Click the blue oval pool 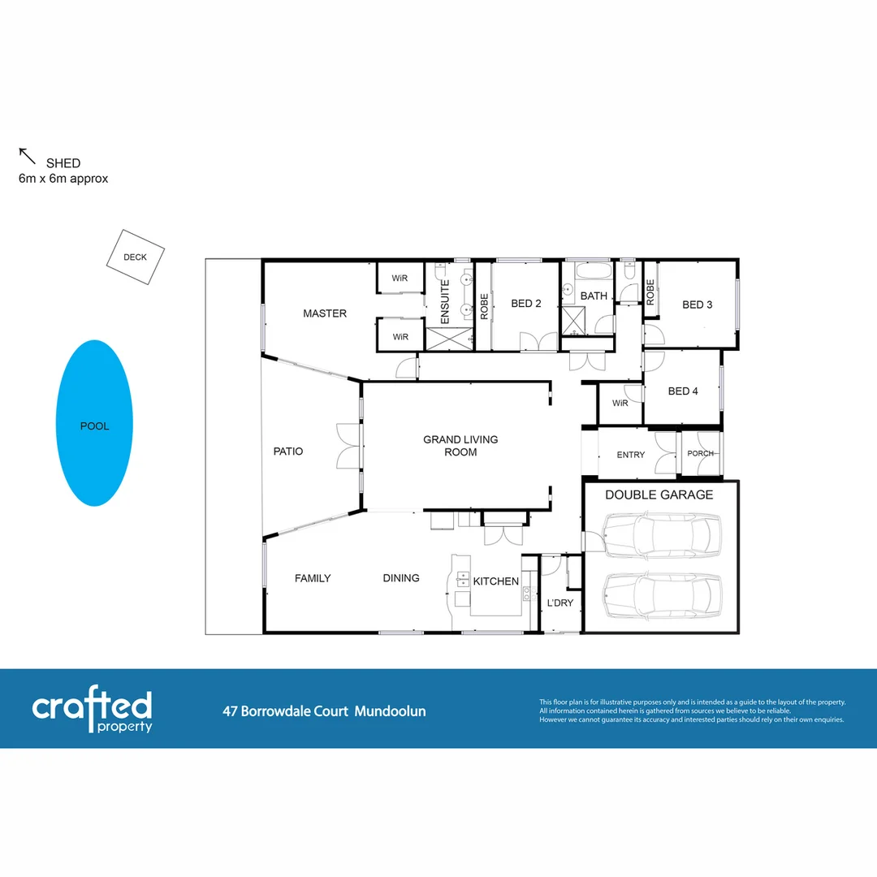pos(94,423)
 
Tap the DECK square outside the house pos(136,257)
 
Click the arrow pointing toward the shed pos(28,156)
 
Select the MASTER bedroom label pos(325,313)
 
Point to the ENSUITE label pos(444,303)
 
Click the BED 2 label pos(526,304)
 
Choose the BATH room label pos(594,296)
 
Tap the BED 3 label pos(697,305)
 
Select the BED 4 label pos(683,391)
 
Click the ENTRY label pos(631,455)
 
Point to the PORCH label pos(701,453)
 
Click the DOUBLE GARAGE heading pos(659,495)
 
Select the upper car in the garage pos(661,535)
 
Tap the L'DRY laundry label pos(560,603)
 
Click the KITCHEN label pos(495,581)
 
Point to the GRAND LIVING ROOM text pos(460,446)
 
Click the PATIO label pos(287,451)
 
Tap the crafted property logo pos(92,711)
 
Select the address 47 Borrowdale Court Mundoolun pos(324,711)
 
